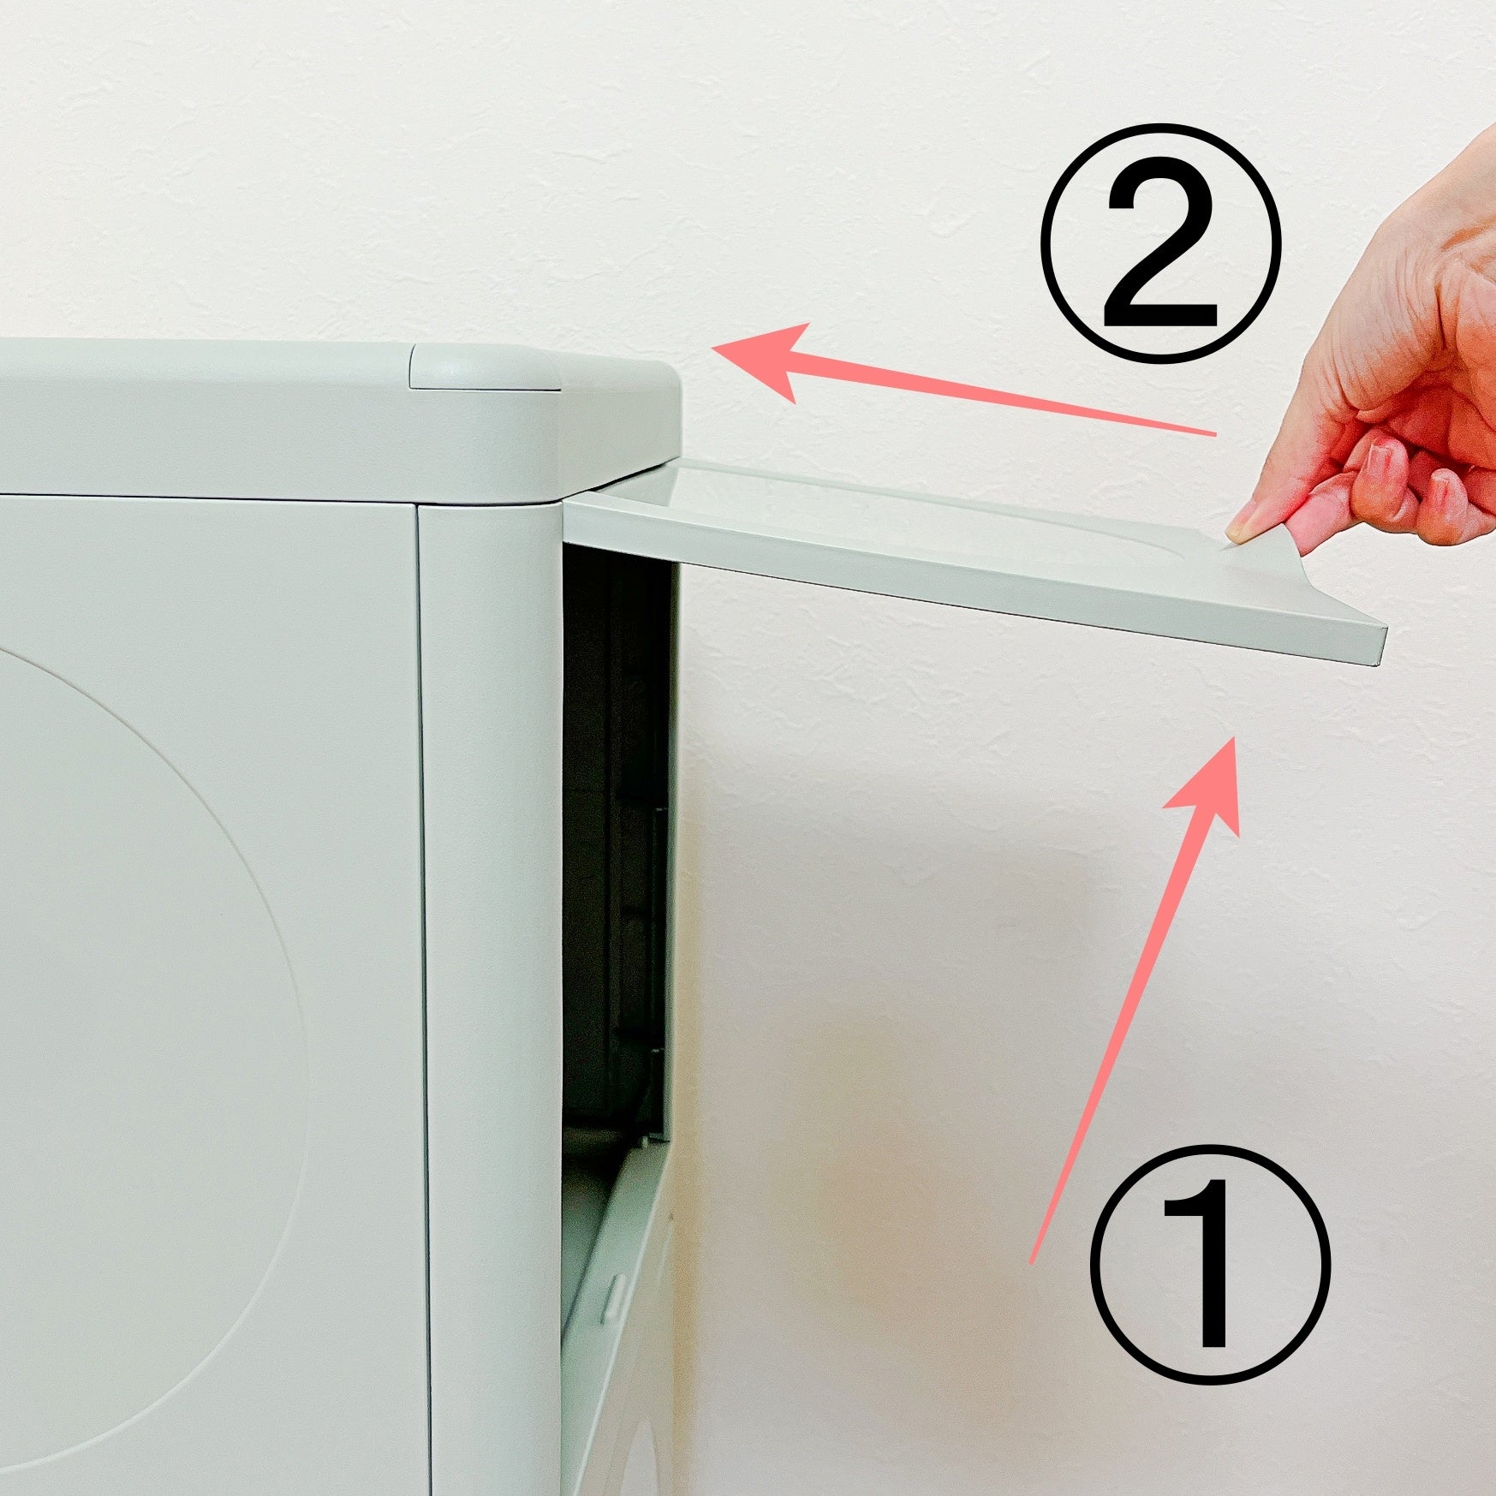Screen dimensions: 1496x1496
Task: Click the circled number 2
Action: (x=1160, y=242)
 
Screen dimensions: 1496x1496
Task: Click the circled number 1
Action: (x=1210, y=1263)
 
